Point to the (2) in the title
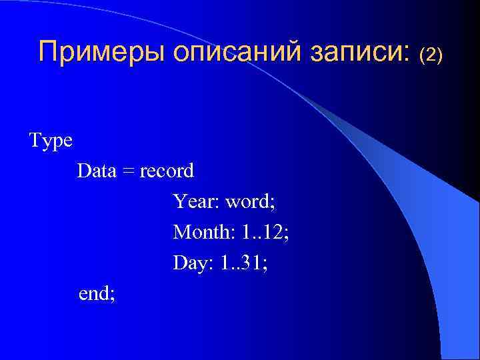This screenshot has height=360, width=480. [x=430, y=54]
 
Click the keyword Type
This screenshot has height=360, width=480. [x=51, y=142]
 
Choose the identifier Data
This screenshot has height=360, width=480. [x=97, y=171]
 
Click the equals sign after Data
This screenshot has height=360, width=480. [x=128, y=172]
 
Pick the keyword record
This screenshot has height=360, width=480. [x=167, y=171]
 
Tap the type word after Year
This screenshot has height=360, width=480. [x=248, y=201]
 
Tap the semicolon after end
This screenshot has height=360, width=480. [x=112, y=295]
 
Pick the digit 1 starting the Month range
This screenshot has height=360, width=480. [x=246, y=232]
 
